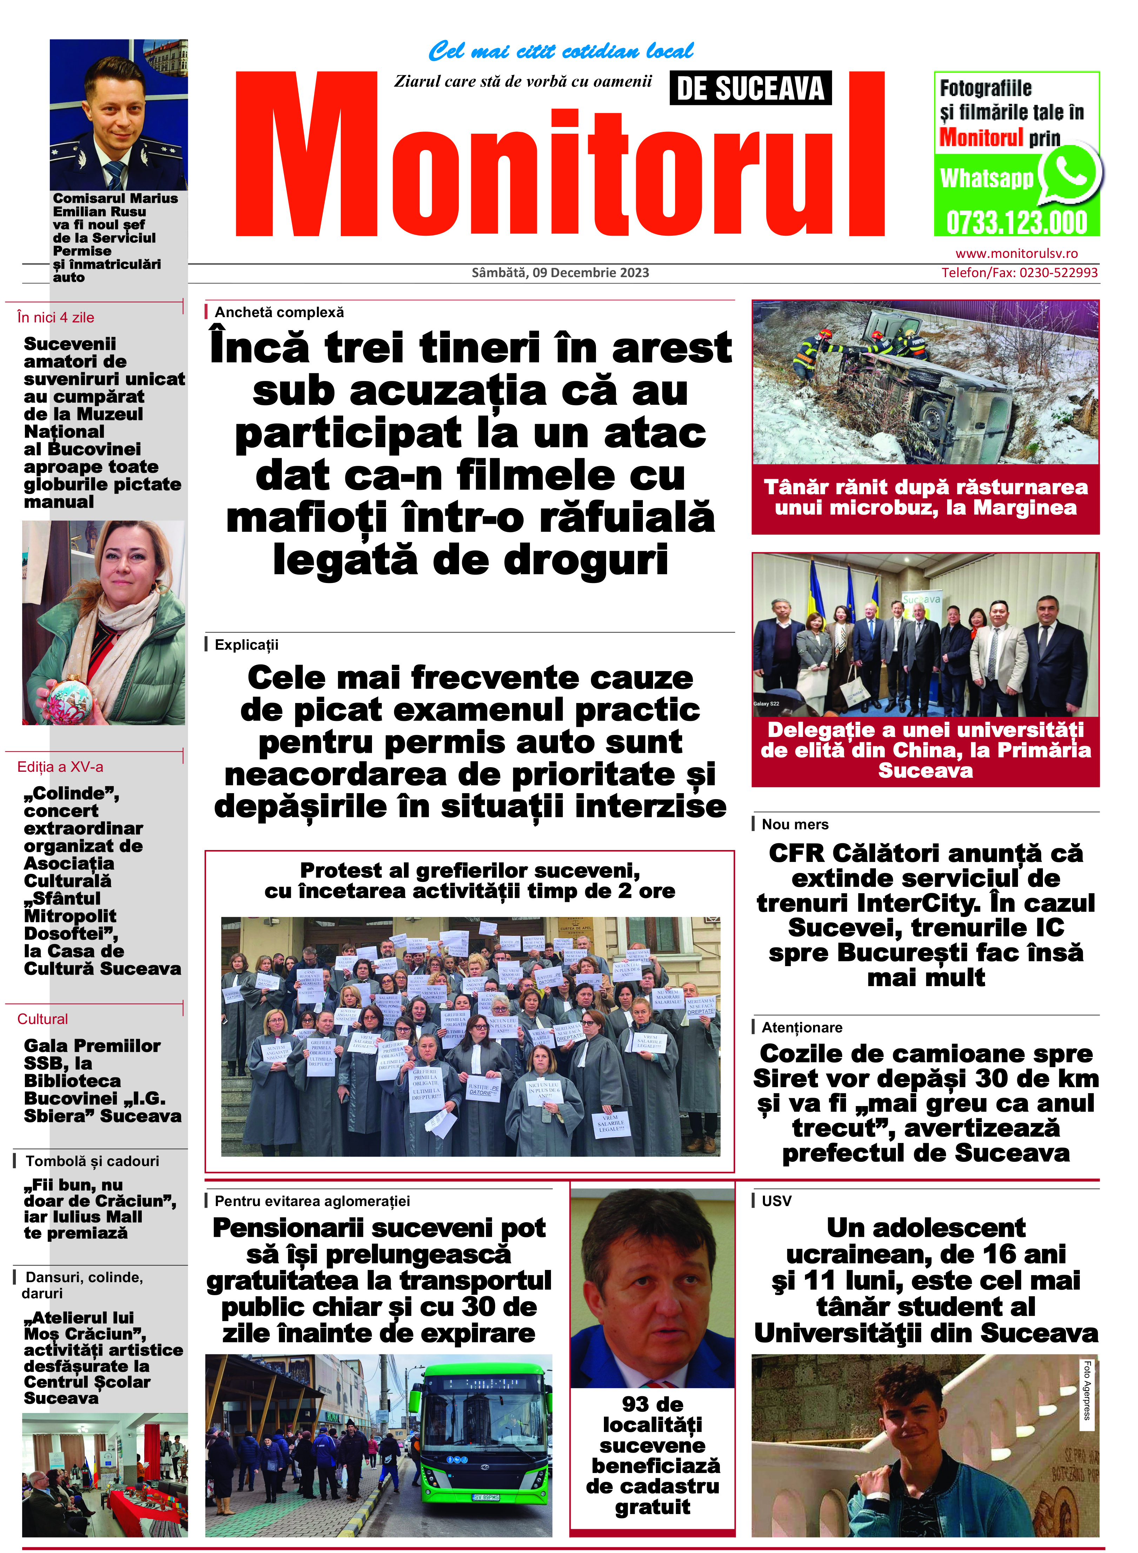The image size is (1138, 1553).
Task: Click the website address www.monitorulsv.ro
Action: [1016, 253]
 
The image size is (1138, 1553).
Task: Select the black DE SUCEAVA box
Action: [750, 88]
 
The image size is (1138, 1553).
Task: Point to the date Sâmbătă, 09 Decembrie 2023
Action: [560, 273]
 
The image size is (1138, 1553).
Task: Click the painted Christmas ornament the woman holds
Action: [69, 696]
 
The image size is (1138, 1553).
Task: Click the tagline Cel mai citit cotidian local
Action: [560, 51]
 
